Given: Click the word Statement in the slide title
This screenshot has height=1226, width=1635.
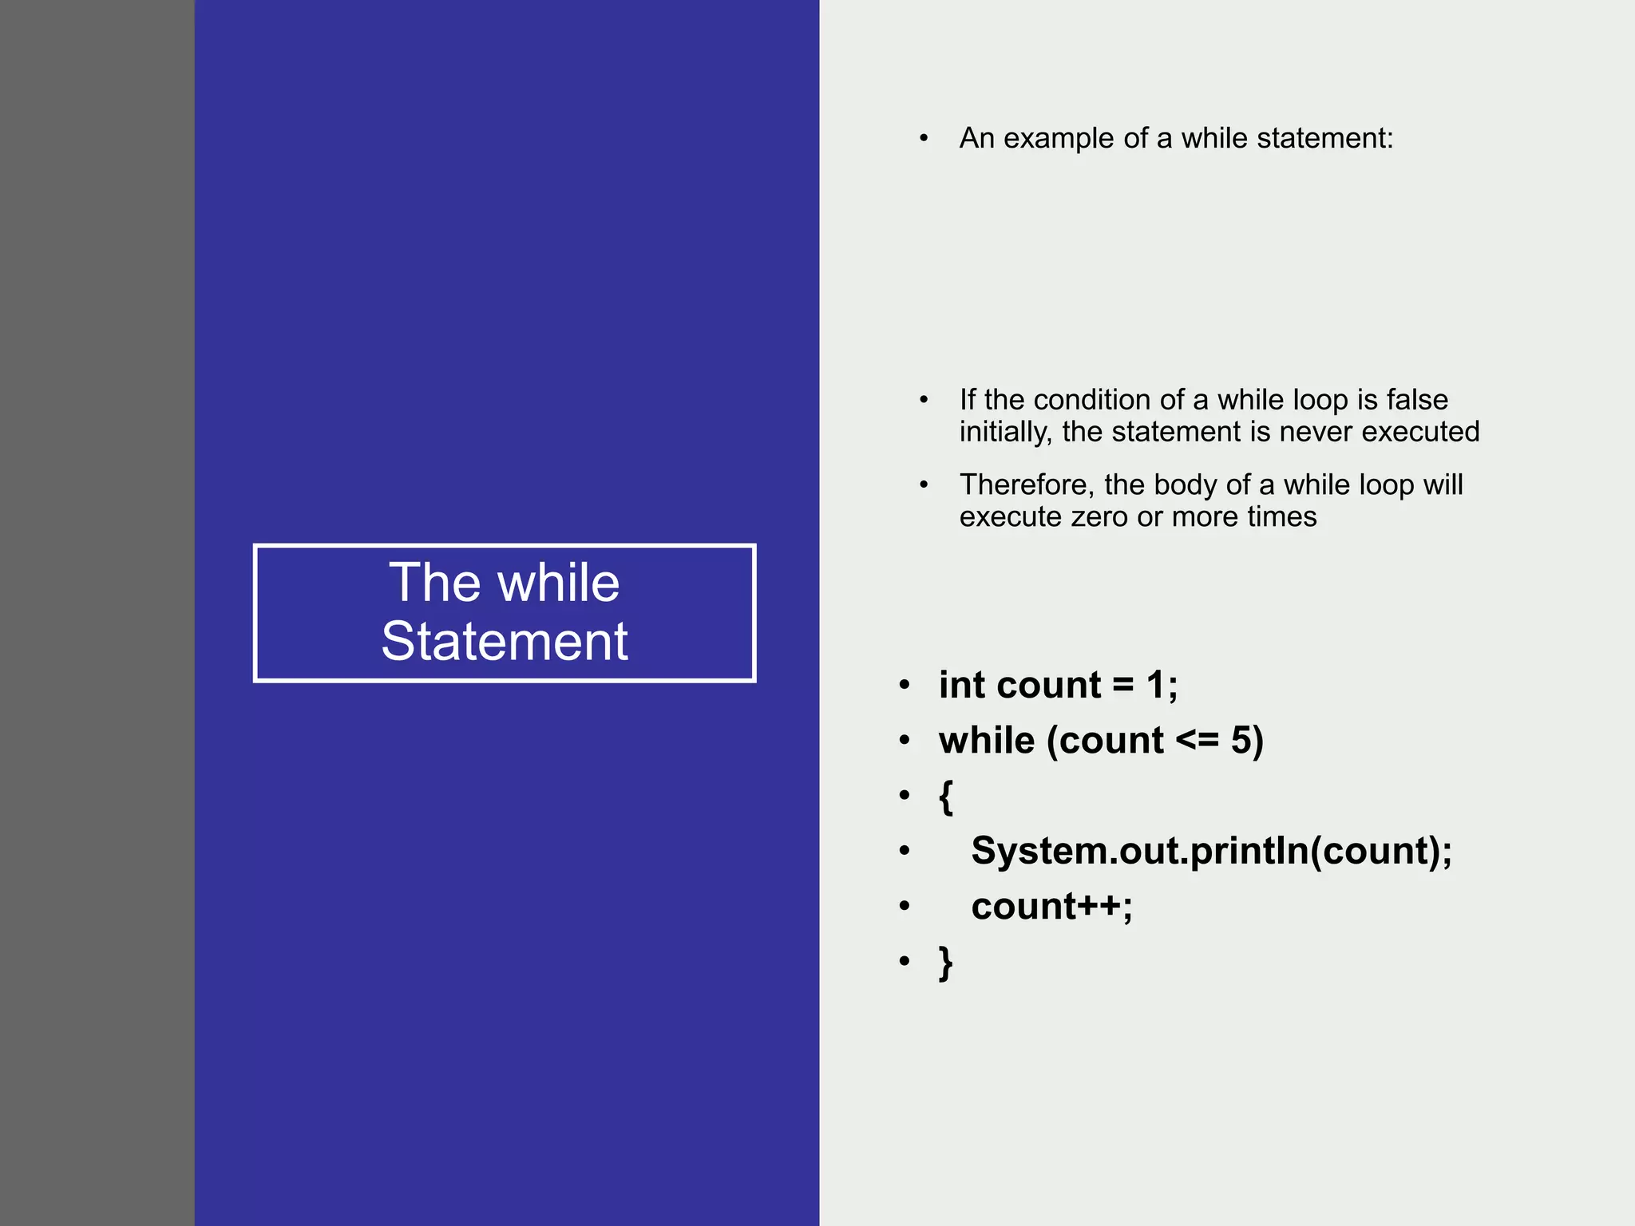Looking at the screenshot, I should [505, 641].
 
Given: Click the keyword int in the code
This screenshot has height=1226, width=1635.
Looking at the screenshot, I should [960, 685].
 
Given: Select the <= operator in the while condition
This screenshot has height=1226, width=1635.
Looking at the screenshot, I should [1197, 740].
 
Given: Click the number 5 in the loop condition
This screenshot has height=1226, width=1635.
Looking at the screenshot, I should [1241, 740].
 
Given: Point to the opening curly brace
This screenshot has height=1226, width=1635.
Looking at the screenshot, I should [946, 796].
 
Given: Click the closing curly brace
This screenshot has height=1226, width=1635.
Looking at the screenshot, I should [946, 962].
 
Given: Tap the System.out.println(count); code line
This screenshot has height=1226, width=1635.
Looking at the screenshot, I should [1211, 851].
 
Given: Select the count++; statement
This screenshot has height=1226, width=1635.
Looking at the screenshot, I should [1051, 906].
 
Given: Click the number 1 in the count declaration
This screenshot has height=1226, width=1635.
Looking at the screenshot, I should [1155, 685].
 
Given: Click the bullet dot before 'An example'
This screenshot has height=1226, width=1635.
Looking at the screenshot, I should [924, 139].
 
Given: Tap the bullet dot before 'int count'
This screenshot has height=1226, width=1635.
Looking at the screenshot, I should [904, 685].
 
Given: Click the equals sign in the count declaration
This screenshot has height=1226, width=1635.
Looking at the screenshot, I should [1122, 685].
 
